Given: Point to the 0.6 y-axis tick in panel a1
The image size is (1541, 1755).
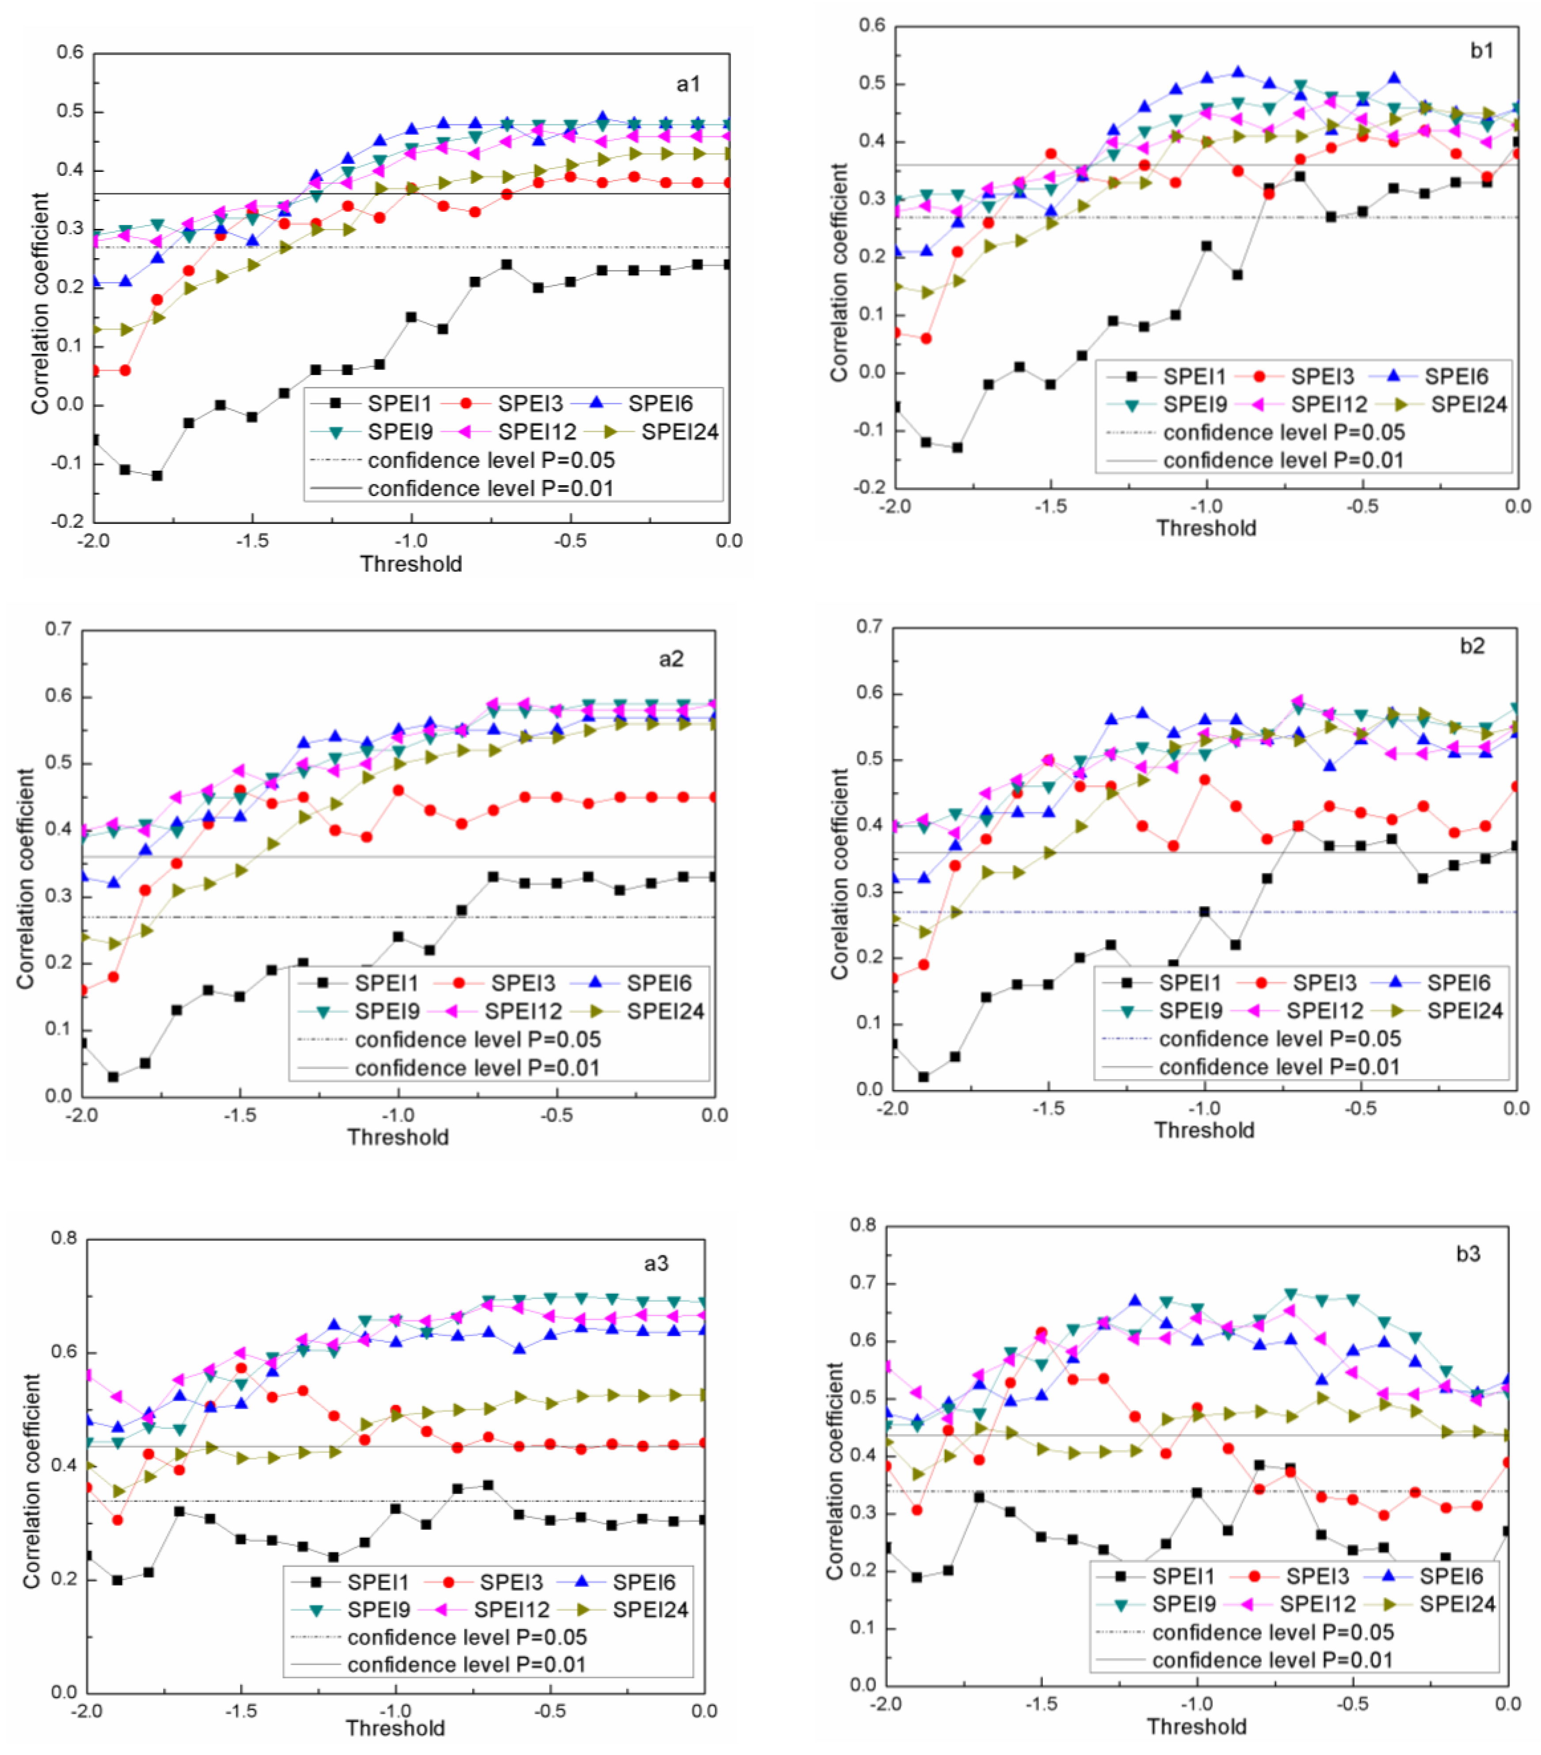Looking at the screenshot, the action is point(70,53).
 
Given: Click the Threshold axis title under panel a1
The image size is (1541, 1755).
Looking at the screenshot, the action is point(411,564).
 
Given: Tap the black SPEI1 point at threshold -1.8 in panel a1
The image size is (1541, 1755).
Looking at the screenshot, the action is point(157,475).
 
